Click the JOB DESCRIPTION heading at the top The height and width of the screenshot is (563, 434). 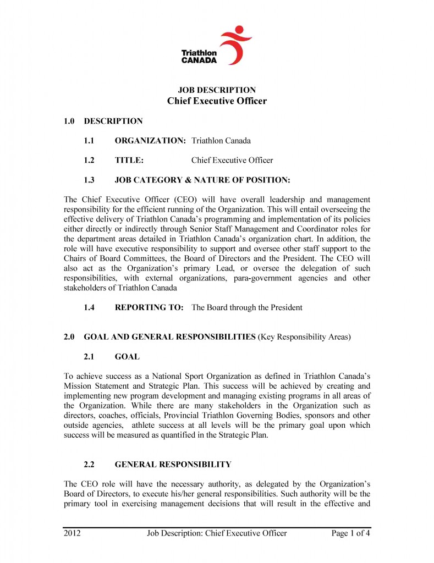(x=217, y=90)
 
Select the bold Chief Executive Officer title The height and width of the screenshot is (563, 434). (x=217, y=101)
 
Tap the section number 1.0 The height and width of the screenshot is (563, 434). (x=70, y=121)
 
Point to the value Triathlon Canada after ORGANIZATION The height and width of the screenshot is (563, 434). (x=221, y=141)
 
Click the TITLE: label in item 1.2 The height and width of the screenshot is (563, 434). (x=129, y=161)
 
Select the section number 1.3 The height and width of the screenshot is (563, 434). (x=89, y=180)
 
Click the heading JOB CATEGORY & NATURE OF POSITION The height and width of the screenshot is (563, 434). (x=202, y=180)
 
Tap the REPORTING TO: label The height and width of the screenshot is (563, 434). (x=149, y=307)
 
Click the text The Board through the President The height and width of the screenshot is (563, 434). (x=246, y=307)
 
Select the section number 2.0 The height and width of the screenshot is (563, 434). (x=70, y=337)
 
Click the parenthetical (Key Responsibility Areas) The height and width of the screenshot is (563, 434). (x=304, y=337)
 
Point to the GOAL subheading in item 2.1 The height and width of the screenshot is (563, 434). (x=127, y=357)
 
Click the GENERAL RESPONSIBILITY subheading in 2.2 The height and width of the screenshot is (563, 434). (x=173, y=465)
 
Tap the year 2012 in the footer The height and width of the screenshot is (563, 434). (x=73, y=533)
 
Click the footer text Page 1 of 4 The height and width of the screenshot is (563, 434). (x=350, y=533)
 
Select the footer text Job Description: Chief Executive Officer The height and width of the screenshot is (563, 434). (x=217, y=533)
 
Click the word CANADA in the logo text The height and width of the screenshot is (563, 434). (x=199, y=60)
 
